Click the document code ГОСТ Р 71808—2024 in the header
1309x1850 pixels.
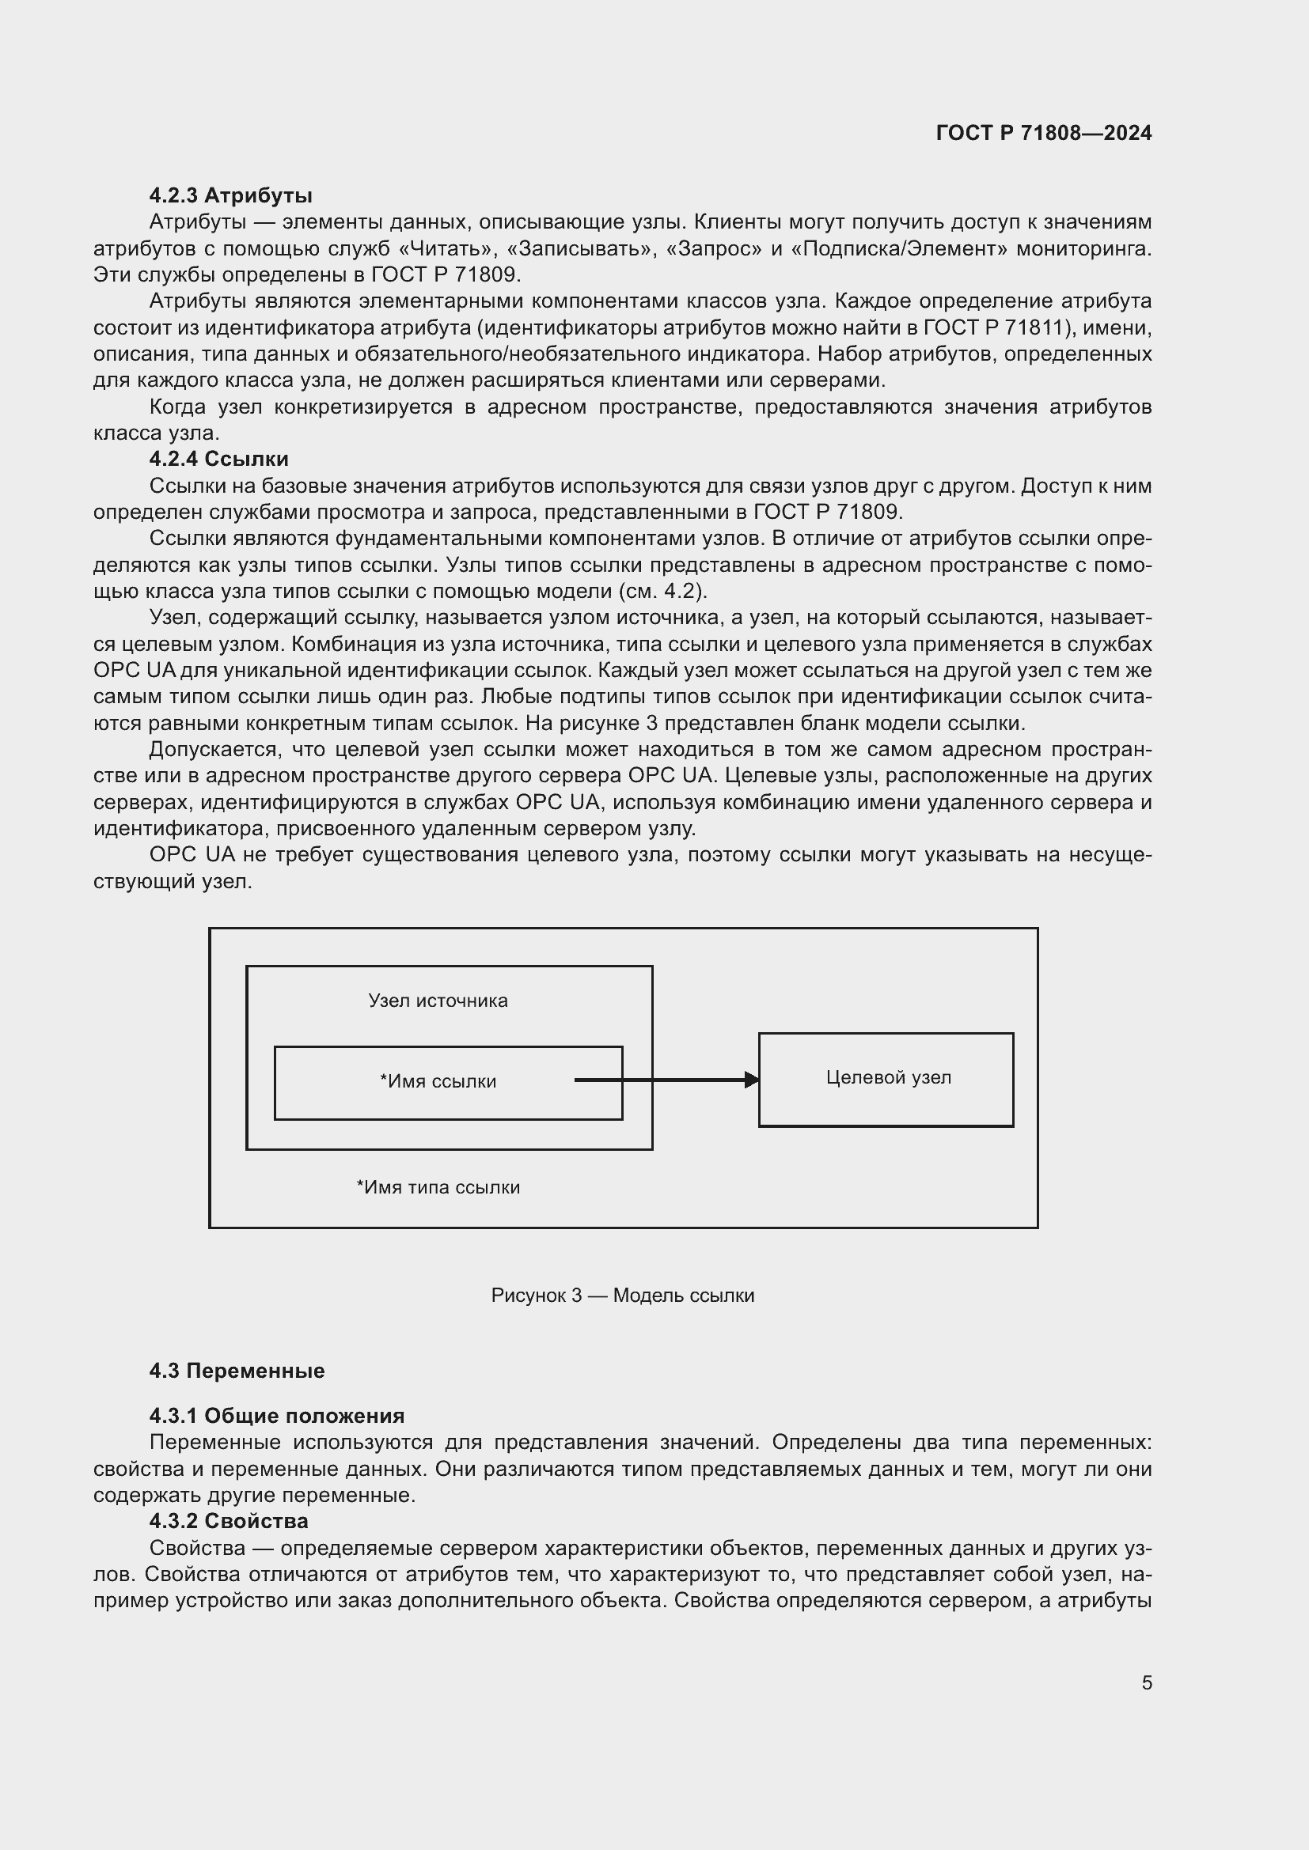point(1043,133)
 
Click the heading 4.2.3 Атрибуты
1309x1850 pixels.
point(230,196)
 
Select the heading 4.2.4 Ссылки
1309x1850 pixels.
point(218,460)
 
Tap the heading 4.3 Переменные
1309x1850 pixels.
point(236,1371)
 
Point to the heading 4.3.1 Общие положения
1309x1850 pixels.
point(276,1416)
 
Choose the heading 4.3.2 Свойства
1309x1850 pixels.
point(228,1521)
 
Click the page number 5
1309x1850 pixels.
point(1146,1683)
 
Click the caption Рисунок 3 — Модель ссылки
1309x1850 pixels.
point(622,1296)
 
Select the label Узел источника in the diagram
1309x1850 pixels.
point(438,1001)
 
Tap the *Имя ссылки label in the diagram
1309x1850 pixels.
point(438,1081)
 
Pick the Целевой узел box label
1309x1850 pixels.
point(888,1078)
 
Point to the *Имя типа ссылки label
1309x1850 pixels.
point(438,1187)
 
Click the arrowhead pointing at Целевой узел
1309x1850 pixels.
point(751,1080)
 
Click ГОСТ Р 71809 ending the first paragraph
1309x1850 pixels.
point(445,274)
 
